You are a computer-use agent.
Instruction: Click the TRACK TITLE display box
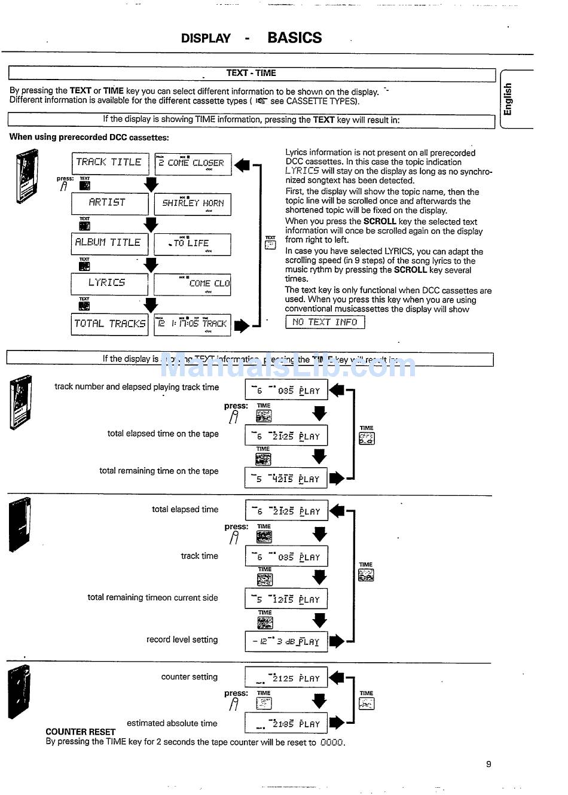(109, 163)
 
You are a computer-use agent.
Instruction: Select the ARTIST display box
(109, 203)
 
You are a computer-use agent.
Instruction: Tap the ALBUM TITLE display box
(109, 243)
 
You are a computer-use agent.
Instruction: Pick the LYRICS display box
(109, 283)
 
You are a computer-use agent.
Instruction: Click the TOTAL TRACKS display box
(109, 324)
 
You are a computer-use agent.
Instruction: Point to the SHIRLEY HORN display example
(193, 203)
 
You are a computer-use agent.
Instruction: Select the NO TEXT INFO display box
(325, 322)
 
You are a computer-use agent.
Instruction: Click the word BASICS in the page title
(294, 38)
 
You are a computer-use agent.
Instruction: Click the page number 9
(488, 764)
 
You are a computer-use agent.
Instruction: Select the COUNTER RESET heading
(80, 732)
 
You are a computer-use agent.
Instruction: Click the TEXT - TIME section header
(251, 73)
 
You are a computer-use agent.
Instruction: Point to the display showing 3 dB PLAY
(286, 641)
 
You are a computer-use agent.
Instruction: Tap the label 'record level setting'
(182, 639)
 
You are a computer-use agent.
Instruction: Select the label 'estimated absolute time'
(172, 723)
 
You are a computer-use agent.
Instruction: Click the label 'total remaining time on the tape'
(158, 471)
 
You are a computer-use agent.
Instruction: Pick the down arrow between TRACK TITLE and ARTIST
(151, 185)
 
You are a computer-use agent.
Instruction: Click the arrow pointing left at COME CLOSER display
(242, 165)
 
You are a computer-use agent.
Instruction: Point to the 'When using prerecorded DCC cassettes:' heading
(89, 137)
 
